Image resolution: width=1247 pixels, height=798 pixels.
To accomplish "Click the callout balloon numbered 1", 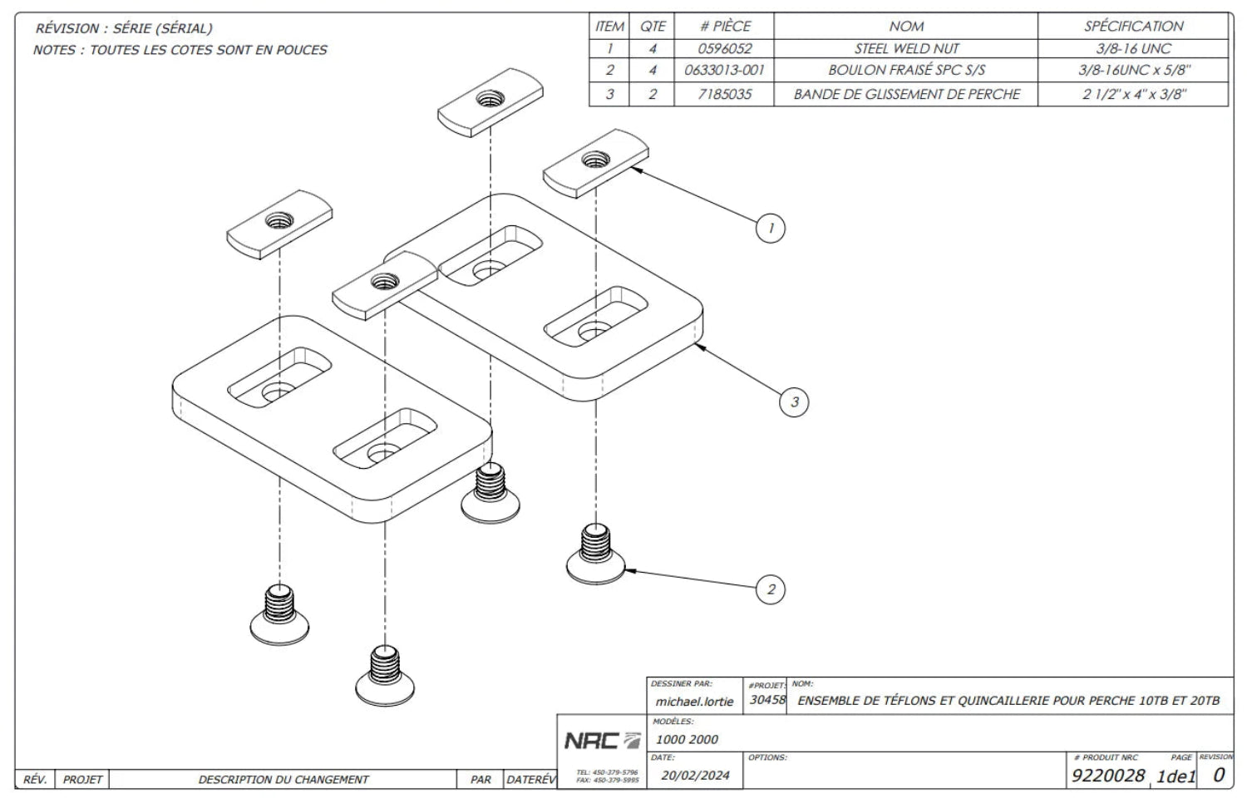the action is pyautogui.click(x=771, y=228).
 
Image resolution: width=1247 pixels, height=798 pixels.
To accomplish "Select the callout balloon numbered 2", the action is pyautogui.click(x=771, y=589).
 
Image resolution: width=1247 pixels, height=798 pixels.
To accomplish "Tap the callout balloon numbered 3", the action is pyautogui.click(x=794, y=401).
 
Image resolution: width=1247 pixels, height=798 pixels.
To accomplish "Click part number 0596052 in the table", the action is pyautogui.click(x=724, y=49).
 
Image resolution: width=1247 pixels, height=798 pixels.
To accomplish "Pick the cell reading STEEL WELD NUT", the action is pyautogui.click(x=906, y=49).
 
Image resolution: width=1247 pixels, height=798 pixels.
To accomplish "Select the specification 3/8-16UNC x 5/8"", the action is pyautogui.click(x=1133, y=70).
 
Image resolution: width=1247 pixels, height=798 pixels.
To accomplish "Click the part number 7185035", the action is pyautogui.click(x=724, y=94).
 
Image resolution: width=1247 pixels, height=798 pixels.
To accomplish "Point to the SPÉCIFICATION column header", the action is pyautogui.click(x=1133, y=26).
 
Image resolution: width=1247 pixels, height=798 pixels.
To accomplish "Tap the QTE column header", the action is pyautogui.click(x=652, y=26).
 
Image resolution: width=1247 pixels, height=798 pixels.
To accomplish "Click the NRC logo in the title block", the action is pyautogui.click(x=603, y=741).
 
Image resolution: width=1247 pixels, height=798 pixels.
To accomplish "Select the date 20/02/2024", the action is pyautogui.click(x=695, y=776).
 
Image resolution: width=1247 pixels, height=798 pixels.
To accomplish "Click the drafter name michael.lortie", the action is pyautogui.click(x=694, y=702).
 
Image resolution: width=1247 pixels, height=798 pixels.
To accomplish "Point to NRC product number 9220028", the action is pyautogui.click(x=1108, y=776).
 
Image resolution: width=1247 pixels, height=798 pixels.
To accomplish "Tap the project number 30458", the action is pyautogui.click(x=767, y=700).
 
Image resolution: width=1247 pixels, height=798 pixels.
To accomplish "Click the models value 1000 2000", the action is pyautogui.click(x=687, y=739).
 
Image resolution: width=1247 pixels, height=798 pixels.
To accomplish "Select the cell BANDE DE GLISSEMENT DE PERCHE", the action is pyautogui.click(x=906, y=94).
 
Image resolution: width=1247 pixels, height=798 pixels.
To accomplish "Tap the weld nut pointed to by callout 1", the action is pyautogui.click(x=596, y=163).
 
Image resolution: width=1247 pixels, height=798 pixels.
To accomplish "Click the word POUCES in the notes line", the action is pyautogui.click(x=302, y=50).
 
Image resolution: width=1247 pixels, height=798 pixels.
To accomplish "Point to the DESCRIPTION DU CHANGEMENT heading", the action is pyautogui.click(x=283, y=780).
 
